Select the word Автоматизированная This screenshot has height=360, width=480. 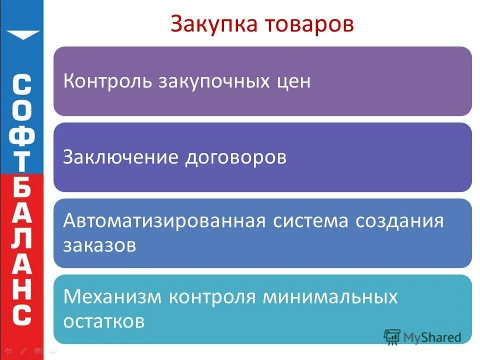(163, 221)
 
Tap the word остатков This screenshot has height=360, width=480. (104, 321)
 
